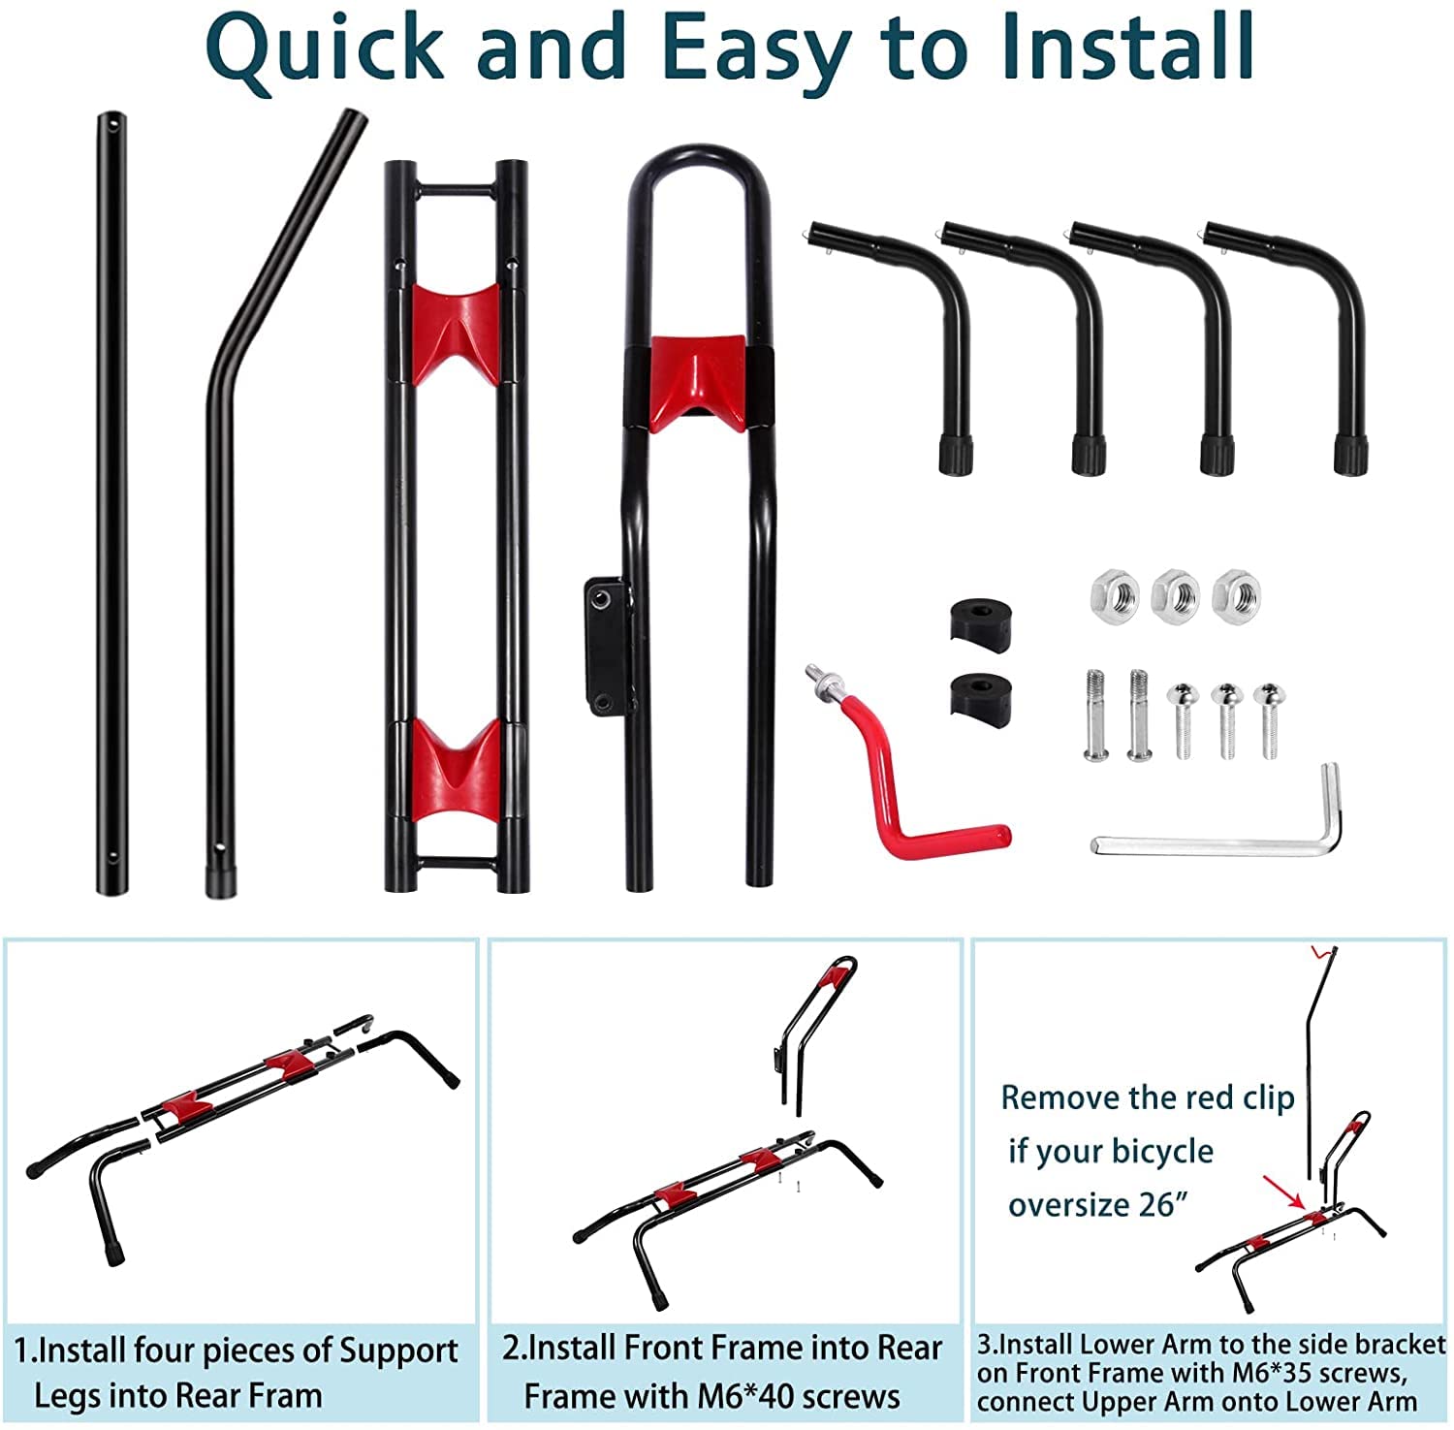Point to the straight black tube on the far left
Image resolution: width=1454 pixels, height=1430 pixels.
coord(111,504)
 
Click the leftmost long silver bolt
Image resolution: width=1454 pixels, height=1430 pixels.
coord(1094,714)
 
